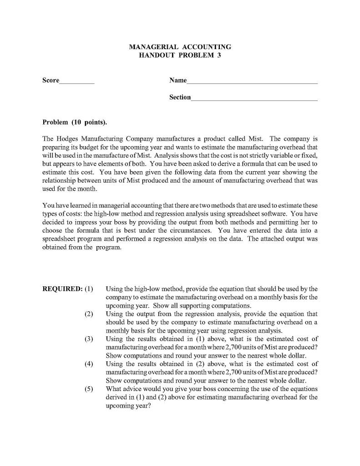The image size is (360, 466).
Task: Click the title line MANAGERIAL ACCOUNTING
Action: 180,47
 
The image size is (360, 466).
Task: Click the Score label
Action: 51,81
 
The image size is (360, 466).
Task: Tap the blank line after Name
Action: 252,82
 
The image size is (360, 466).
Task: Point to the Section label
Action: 180,97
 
